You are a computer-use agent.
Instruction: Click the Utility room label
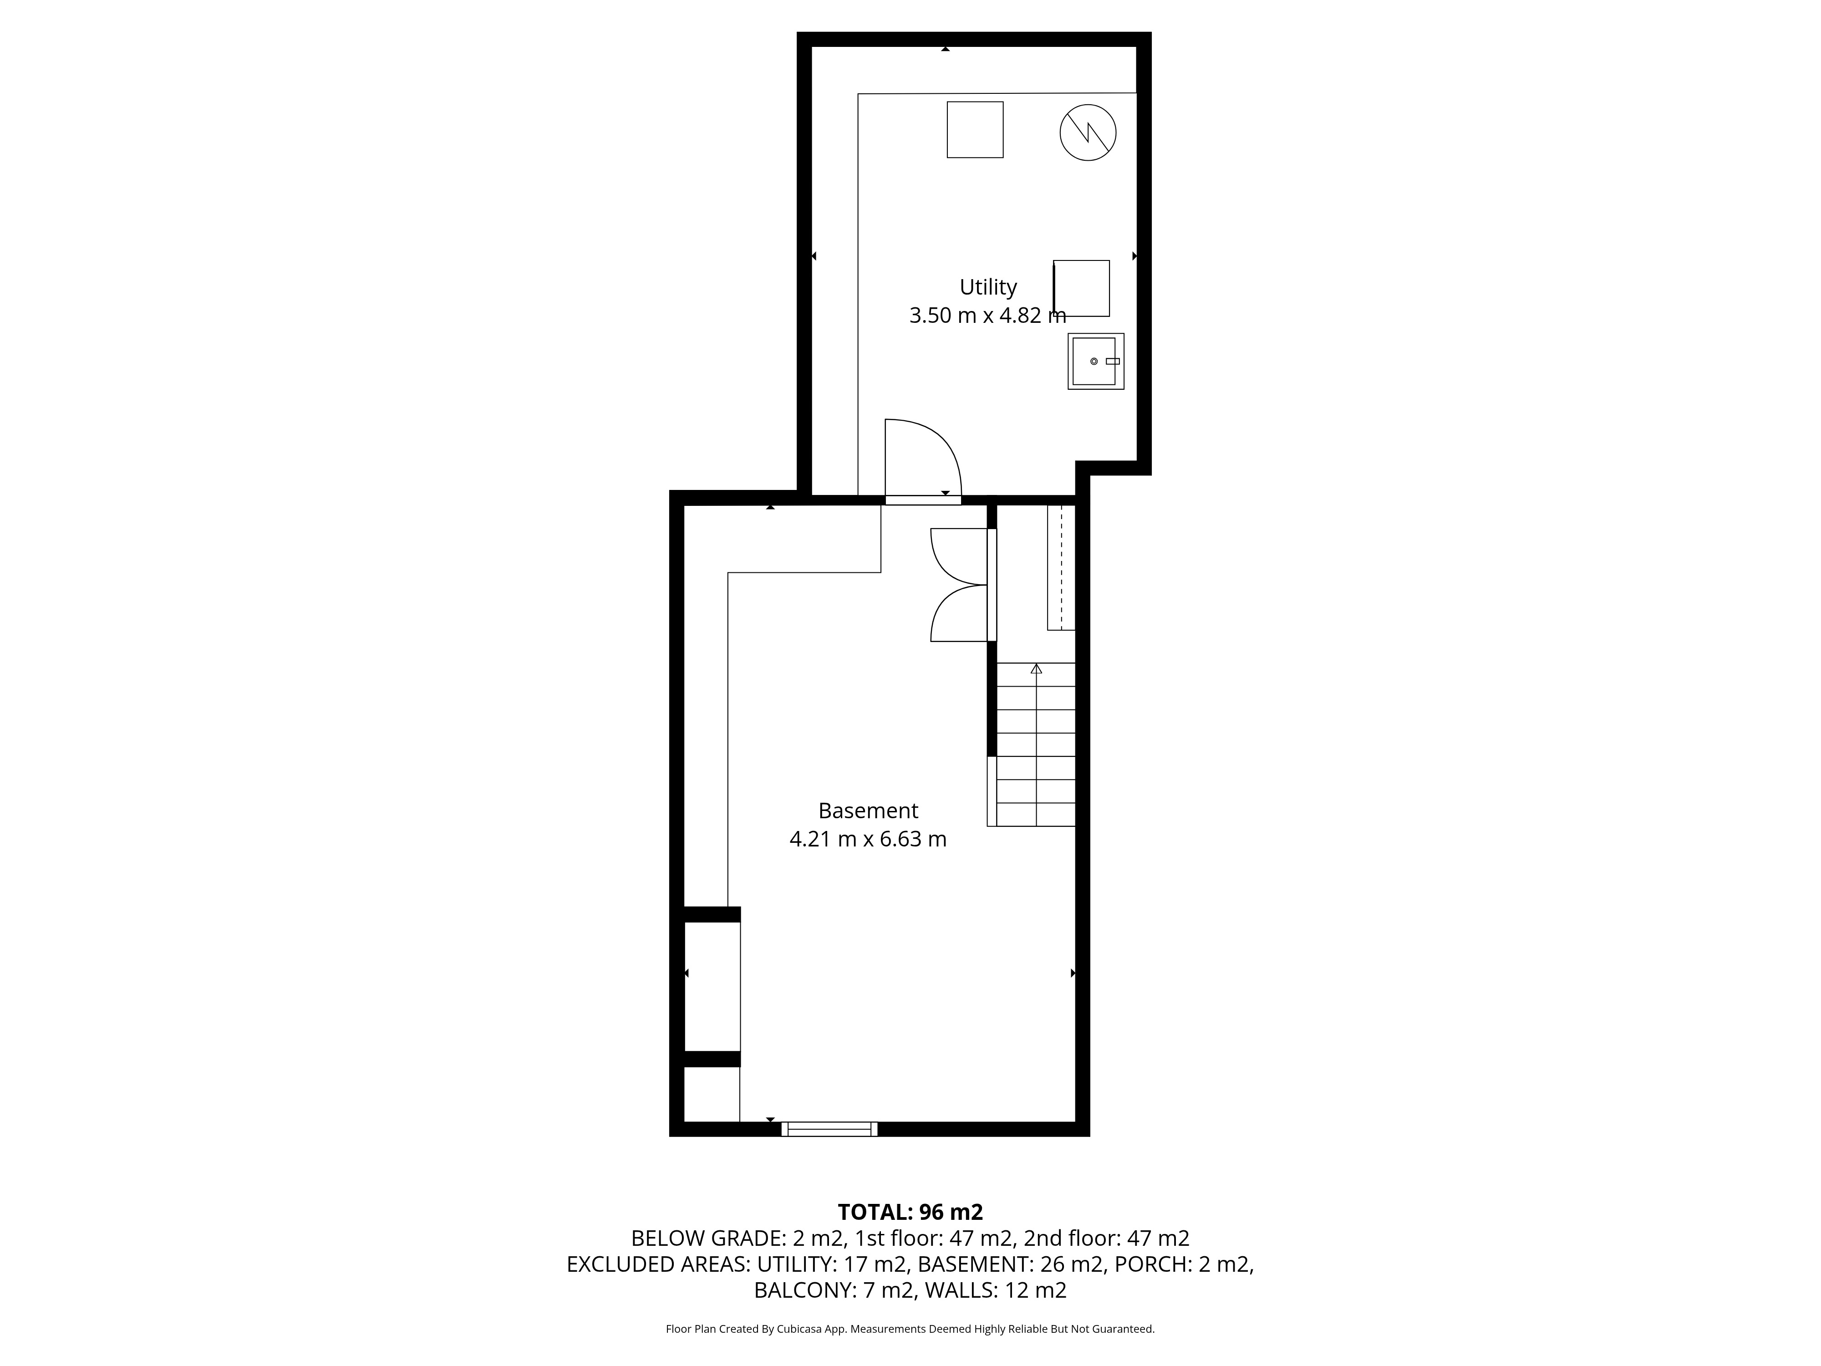click(x=988, y=287)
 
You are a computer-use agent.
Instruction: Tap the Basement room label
click(x=868, y=811)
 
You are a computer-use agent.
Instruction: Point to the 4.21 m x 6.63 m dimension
click(x=868, y=839)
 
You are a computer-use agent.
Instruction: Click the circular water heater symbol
click(x=1088, y=132)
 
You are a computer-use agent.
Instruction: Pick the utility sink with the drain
click(x=1096, y=362)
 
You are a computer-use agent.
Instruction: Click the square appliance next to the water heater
click(x=975, y=129)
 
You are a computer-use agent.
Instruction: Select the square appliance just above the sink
click(x=1081, y=288)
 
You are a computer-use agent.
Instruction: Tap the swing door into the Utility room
click(x=923, y=461)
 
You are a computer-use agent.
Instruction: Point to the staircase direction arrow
click(x=1036, y=668)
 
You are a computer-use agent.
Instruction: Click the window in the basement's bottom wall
click(x=829, y=1129)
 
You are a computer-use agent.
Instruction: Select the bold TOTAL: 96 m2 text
click(x=910, y=1212)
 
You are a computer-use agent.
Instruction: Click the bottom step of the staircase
click(x=1036, y=814)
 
